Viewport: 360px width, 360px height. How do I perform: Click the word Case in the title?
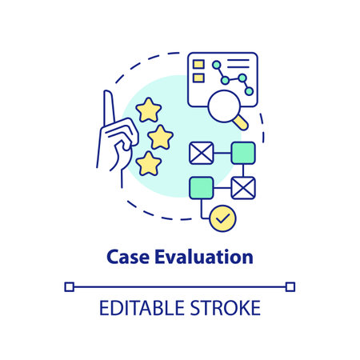[124, 257]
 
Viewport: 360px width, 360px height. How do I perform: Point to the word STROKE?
[226, 307]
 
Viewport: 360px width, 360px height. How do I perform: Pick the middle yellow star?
[160, 137]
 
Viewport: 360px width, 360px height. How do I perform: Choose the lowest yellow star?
[149, 163]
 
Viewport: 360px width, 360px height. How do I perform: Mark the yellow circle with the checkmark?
[222, 216]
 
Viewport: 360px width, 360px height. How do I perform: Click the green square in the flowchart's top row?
[243, 152]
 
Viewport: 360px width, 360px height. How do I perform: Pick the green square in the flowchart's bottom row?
[201, 188]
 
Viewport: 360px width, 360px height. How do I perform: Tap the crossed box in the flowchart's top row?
[201, 152]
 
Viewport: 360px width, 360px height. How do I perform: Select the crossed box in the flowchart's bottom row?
[243, 188]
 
